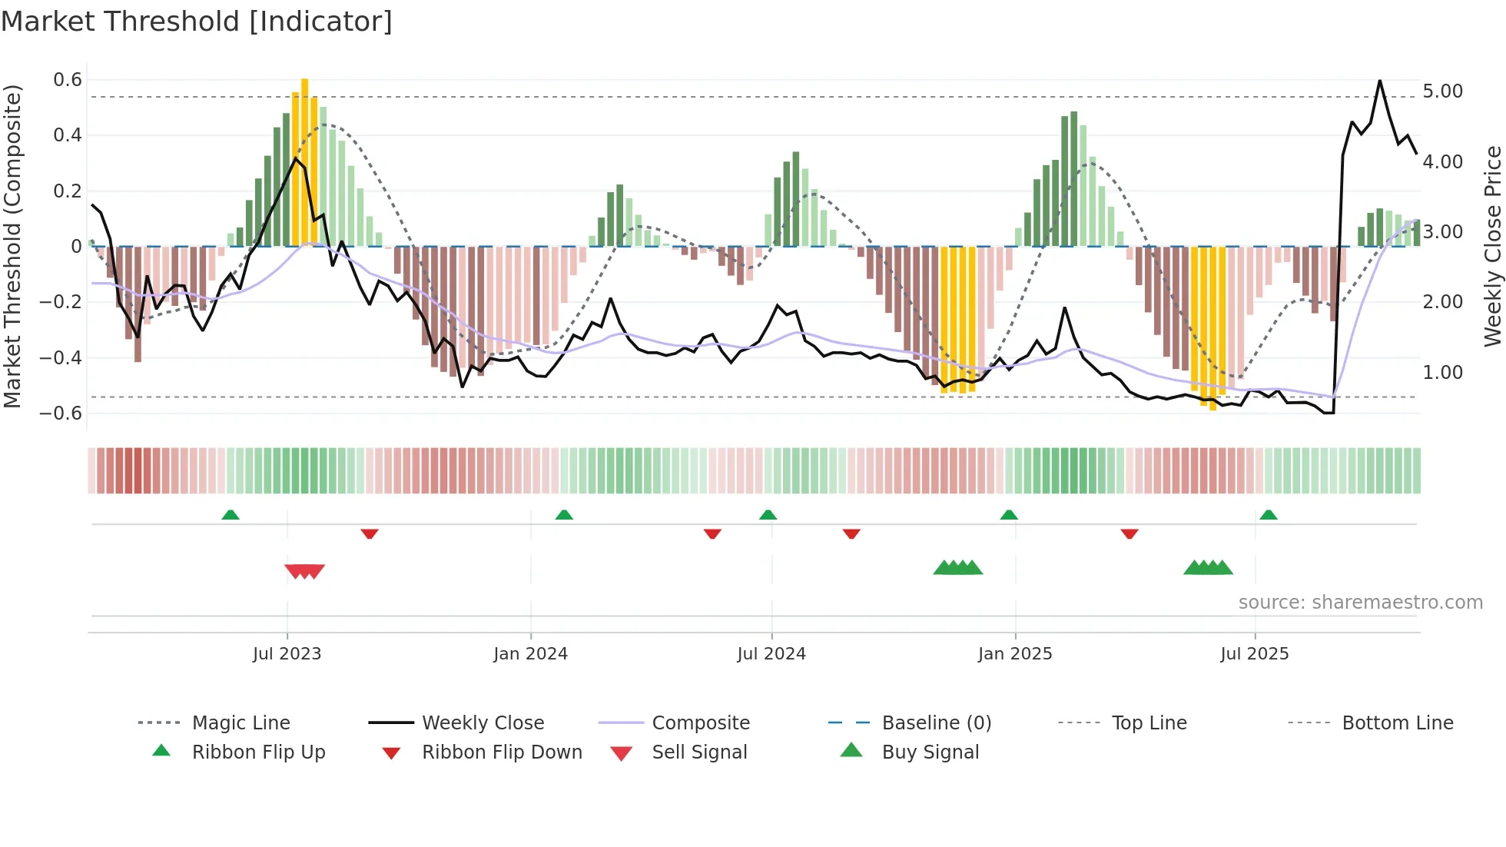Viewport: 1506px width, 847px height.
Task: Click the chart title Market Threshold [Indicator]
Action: [x=197, y=22]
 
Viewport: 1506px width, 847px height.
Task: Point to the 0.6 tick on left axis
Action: [x=68, y=80]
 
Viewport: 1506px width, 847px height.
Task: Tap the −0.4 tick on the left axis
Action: [x=61, y=357]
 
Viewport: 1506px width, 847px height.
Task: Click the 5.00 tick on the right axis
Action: [x=1442, y=91]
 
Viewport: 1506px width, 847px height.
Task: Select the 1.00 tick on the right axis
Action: [x=1442, y=373]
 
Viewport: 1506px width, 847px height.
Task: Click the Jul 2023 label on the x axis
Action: [x=287, y=654]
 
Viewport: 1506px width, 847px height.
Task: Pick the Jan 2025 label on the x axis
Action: [x=1014, y=654]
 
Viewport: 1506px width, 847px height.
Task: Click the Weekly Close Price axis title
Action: [x=1492, y=246]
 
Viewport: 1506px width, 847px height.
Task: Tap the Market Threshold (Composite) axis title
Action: [x=12, y=246]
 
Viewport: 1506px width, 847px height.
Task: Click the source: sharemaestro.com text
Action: [x=1360, y=603]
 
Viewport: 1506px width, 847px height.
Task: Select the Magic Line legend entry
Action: [x=240, y=723]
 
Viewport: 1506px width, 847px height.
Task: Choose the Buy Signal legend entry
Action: [x=930, y=752]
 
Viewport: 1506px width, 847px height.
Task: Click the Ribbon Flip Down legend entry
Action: [x=501, y=752]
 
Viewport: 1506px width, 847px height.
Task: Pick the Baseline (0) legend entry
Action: [x=936, y=723]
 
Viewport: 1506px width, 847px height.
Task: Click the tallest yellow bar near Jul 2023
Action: [x=305, y=161]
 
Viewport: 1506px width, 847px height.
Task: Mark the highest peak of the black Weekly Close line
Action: [x=1380, y=81]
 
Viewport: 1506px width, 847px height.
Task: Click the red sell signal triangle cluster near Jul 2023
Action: [x=305, y=571]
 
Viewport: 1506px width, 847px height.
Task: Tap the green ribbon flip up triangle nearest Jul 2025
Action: [x=1269, y=515]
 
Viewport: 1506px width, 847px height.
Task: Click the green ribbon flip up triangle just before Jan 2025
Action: [x=1009, y=515]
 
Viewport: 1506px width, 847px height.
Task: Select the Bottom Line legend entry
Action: [x=1397, y=723]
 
